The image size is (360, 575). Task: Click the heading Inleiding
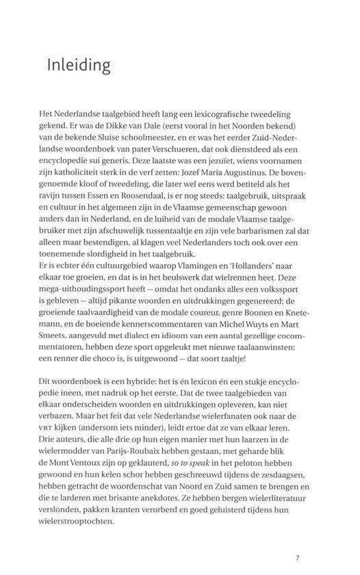79,66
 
